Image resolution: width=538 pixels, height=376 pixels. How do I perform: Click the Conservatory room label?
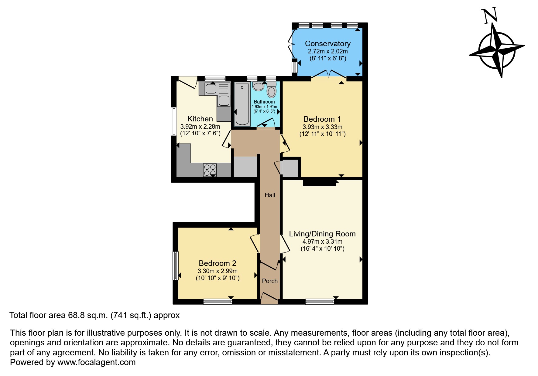pyautogui.click(x=327, y=44)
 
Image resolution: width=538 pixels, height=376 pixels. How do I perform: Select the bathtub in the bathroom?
pyautogui.click(x=242, y=104)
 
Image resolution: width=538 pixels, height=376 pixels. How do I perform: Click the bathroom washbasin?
pyautogui.click(x=259, y=86)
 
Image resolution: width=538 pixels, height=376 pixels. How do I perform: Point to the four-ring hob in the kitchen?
pyautogui.click(x=210, y=170)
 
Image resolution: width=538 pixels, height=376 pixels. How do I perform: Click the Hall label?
pyautogui.click(x=270, y=195)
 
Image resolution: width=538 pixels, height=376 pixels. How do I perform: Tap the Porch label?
pyautogui.click(x=270, y=281)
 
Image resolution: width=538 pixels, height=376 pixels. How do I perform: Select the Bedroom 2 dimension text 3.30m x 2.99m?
pyautogui.click(x=218, y=271)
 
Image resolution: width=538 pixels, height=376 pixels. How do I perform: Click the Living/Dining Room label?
pyautogui.click(x=322, y=234)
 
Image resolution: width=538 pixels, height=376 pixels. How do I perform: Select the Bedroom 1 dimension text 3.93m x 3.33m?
pyautogui.click(x=322, y=127)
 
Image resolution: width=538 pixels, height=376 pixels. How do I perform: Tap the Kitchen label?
pyautogui.click(x=200, y=119)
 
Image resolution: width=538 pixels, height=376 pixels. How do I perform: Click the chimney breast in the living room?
pyautogui.click(x=319, y=183)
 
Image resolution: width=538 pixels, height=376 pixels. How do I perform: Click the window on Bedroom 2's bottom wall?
pyautogui.click(x=218, y=301)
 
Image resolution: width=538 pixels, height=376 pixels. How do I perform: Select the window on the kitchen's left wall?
pyautogui.click(x=174, y=121)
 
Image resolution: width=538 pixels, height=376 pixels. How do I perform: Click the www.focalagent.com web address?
pyautogui.click(x=96, y=362)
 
